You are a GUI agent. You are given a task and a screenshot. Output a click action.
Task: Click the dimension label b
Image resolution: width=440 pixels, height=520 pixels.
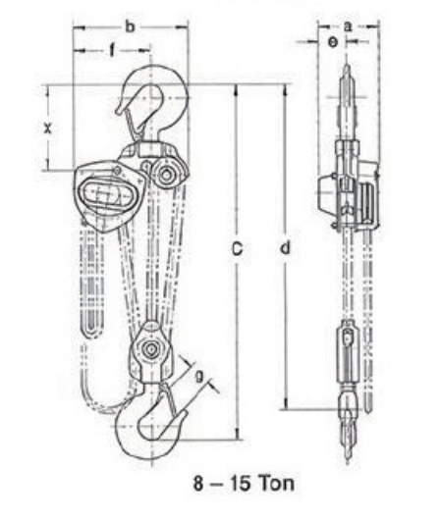131,26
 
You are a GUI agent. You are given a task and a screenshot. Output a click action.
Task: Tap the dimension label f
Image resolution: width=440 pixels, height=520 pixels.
112,50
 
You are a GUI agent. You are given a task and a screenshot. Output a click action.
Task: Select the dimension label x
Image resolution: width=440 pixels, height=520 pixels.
48,128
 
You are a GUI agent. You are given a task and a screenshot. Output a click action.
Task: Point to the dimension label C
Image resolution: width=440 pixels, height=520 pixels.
237,249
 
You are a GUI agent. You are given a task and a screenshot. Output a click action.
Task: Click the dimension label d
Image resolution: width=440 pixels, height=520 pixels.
285,247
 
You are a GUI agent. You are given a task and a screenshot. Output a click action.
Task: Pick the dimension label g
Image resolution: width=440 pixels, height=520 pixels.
199,376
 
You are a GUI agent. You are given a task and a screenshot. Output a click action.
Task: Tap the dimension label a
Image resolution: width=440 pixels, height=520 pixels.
348,26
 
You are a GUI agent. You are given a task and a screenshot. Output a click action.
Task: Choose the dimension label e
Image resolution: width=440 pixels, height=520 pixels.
333,42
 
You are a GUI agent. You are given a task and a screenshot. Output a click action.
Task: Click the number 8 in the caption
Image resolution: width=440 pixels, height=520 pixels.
198,483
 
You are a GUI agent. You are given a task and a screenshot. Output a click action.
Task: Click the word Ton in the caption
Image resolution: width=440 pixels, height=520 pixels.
277,483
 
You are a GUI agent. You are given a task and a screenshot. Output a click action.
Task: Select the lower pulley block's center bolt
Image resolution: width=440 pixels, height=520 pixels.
151,349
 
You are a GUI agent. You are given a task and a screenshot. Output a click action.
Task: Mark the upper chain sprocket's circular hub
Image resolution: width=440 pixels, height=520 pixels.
166,174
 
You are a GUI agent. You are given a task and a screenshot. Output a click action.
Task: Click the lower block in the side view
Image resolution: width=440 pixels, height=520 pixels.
348,353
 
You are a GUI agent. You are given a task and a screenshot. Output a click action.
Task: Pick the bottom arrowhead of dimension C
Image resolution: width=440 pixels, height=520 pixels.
237,435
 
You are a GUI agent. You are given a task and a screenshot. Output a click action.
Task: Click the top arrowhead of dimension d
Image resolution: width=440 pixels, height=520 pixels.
285,90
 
